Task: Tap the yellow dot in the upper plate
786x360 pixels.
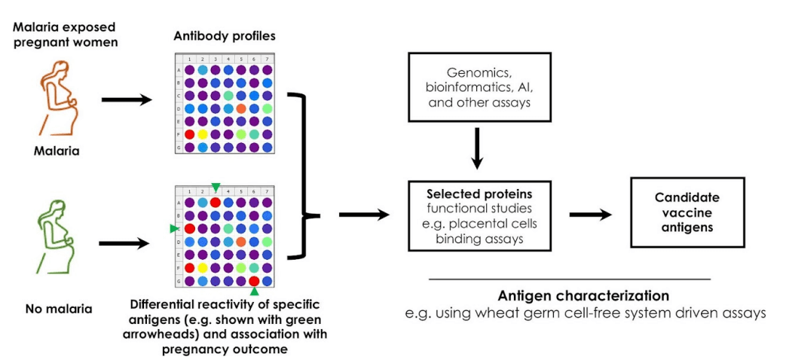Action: [203, 133]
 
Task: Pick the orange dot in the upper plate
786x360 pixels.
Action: [240, 108]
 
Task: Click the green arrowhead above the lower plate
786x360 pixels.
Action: [216, 187]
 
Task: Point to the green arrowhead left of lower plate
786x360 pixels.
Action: [174, 228]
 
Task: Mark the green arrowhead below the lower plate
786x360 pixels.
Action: [254, 291]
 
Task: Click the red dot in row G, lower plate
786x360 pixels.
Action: [254, 280]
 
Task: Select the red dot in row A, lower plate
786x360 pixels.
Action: [216, 202]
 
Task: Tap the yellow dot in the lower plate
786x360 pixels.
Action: [203, 267]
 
